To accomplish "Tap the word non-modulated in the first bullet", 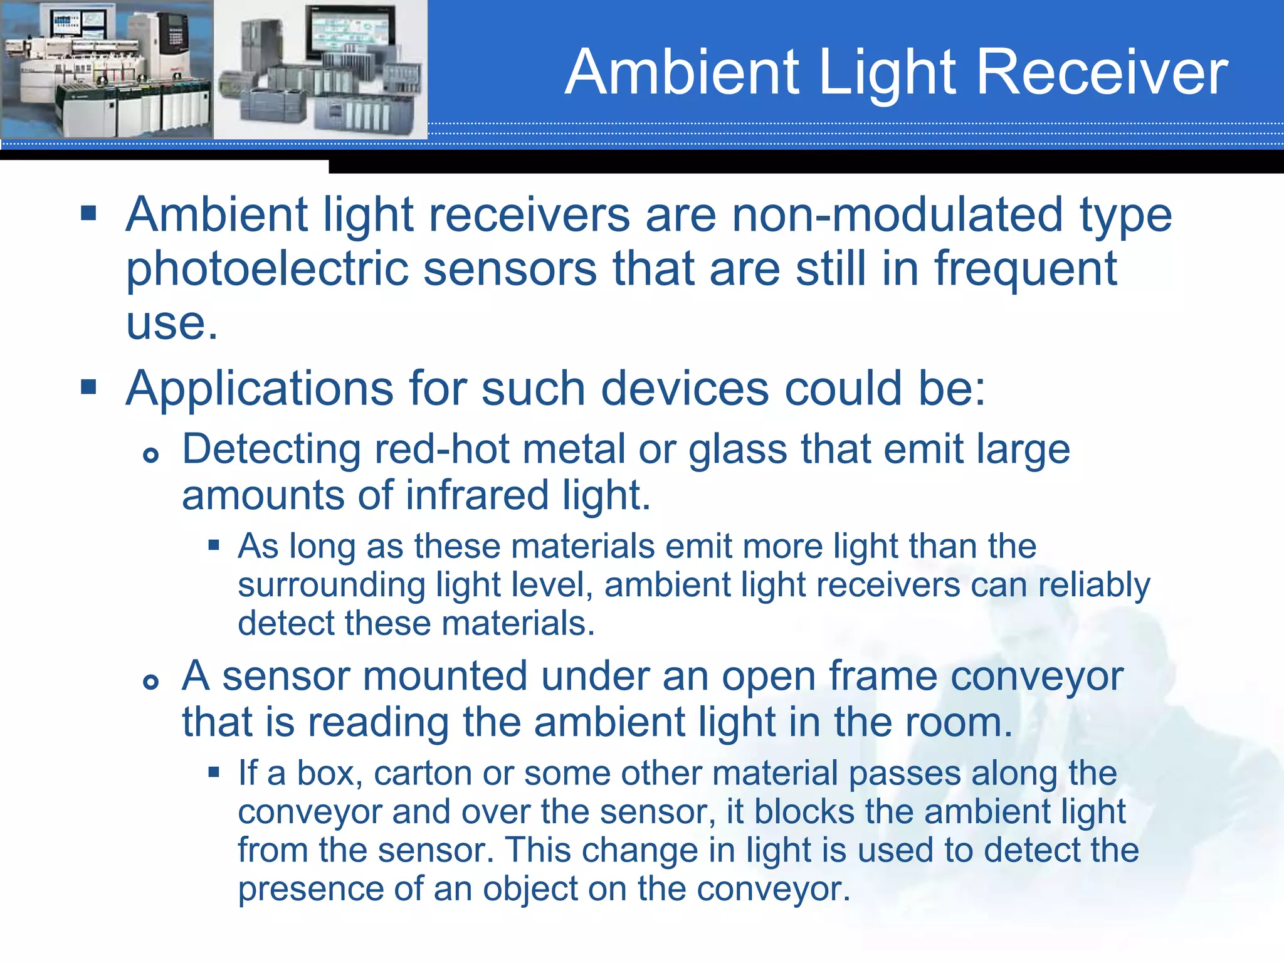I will click(897, 215).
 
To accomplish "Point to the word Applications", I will click(260, 389).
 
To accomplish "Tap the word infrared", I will click(477, 495).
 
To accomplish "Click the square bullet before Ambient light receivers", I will click(88, 214).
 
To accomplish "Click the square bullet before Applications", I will click(88, 387).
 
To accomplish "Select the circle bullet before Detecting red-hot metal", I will click(150, 455).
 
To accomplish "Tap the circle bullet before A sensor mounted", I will click(150, 681).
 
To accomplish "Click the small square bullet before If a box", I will click(214, 772).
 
